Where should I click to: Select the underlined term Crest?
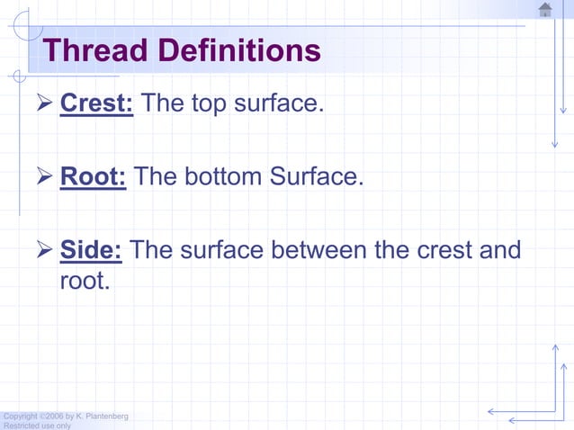97,103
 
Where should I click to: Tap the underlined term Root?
93,175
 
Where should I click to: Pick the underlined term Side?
91,249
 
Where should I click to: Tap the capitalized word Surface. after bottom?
316,175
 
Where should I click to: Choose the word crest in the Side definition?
442,249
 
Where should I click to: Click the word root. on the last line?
85,281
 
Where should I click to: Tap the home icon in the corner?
545,10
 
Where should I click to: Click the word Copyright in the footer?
20,416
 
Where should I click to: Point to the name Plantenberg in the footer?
107,416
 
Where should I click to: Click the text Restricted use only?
37,426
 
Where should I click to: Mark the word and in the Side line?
500,249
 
